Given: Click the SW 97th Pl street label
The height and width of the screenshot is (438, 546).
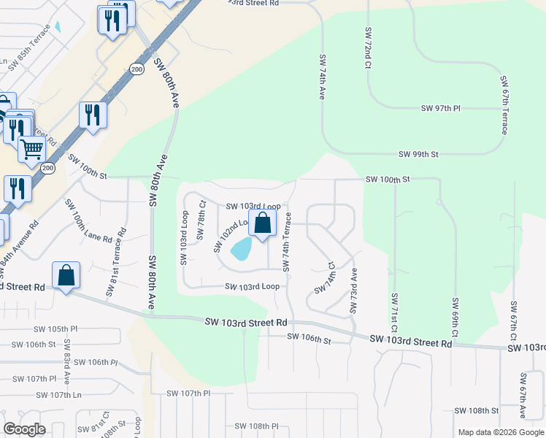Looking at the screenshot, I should (x=441, y=108).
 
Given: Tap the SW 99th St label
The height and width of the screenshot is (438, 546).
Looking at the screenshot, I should (x=419, y=154).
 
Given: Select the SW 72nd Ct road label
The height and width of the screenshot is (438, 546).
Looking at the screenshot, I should (x=367, y=49).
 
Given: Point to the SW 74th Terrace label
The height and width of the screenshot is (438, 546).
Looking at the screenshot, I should (x=288, y=242).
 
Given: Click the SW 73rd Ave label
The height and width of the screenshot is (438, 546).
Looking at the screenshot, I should (x=353, y=291).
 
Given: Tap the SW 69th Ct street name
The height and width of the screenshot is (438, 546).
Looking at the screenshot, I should (x=454, y=317).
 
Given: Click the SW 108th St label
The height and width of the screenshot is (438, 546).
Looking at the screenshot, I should (x=476, y=411).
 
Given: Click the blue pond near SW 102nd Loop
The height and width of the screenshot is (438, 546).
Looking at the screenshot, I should (x=242, y=250).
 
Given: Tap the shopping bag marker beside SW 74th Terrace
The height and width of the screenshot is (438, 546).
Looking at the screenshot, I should (x=263, y=223).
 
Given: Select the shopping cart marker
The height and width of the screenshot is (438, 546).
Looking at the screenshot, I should (x=32, y=150).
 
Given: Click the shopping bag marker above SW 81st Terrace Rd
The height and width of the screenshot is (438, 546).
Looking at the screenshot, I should (x=66, y=276).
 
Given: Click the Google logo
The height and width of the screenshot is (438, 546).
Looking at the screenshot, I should (x=25, y=429).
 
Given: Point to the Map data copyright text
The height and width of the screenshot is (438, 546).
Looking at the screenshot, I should (x=500, y=432).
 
